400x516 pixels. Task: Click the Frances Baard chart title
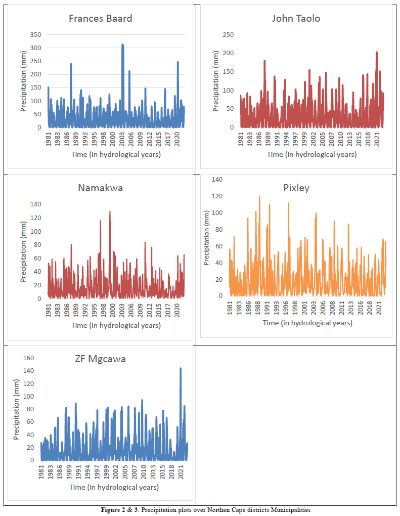point(101,19)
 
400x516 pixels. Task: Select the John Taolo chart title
point(296,19)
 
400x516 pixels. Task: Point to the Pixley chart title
point(297,188)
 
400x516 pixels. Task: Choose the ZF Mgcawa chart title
point(100,359)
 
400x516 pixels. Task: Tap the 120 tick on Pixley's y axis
point(216,196)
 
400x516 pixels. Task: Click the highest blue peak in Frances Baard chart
point(122,45)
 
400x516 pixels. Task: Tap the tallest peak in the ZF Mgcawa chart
point(181,369)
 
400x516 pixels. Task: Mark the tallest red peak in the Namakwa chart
point(110,212)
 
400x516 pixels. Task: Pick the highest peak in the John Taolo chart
point(377,52)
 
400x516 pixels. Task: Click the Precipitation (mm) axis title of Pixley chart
point(207,238)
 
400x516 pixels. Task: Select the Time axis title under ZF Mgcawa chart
point(114,487)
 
